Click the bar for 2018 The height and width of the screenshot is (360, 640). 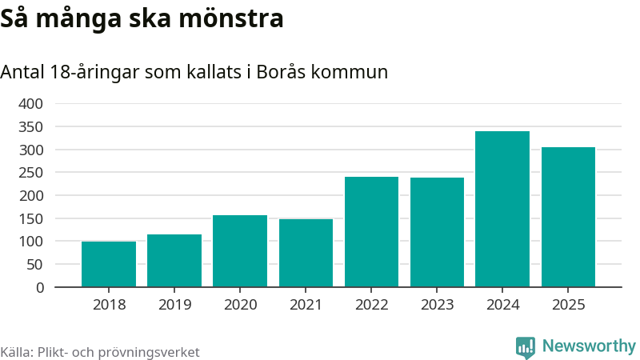(109, 264)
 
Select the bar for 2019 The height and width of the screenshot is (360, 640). (174, 261)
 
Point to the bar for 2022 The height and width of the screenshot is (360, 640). (371, 232)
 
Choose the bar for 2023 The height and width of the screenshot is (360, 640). (437, 232)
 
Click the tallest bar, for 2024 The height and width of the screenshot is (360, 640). (502, 209)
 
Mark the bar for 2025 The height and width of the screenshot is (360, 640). (568, 217)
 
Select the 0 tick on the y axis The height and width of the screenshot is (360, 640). (38, 287)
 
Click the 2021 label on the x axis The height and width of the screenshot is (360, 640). (306, 305)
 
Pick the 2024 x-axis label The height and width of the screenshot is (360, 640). (502, 305)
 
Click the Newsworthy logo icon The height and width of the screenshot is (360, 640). (526, 347)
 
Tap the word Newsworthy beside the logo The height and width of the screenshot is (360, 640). (589, 346)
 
